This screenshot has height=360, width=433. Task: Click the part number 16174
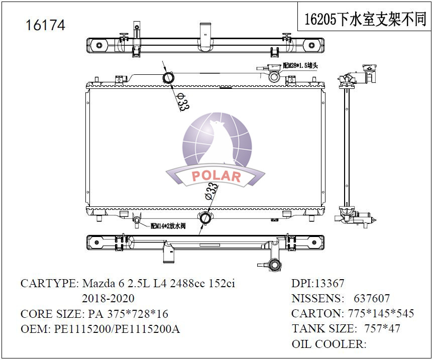pyautogui.click(x=45, y=25)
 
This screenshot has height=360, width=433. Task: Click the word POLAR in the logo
pyautogui.click(x=216, y=176)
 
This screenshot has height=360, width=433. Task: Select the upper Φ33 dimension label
pyautogui.click(x=183, y=101)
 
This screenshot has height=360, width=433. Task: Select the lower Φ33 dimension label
pyautogui.click(x=211, y=191)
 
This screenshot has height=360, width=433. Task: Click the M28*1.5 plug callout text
pyautogui.click(x=300, y=66)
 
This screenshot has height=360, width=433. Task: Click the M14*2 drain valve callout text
pyautogui.click(x=168, y=226)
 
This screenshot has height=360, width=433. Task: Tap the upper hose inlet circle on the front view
pyautogui.click(x=168, y=78)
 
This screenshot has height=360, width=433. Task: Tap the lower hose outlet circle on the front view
pyautogui.click(x=205, y=218)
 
